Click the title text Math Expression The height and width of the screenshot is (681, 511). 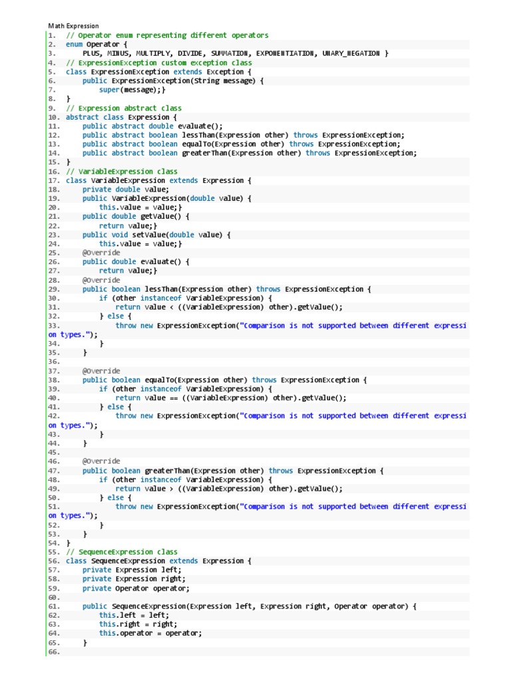(x=73, y=26)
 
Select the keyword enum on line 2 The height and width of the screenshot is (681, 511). (x=74, y=45)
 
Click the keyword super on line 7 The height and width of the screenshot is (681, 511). (x=109, y=90)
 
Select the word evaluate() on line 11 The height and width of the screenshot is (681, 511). (x=200, y=126)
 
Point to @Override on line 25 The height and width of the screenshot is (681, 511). (x=101, y=253)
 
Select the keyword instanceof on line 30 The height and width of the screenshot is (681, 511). (x=161, y=299)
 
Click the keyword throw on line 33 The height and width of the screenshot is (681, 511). (x=126, y=326)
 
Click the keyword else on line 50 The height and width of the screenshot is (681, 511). (x=116, y=497)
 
